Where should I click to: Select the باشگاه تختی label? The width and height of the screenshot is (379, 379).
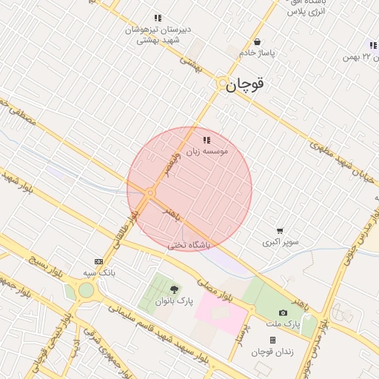coord(189,244)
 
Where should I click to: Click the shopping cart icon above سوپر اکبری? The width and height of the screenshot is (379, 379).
coord(279,231)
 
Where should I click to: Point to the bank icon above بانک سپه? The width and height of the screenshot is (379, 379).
coord(98,261)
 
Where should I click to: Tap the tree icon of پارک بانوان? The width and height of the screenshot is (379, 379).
coord(174,289)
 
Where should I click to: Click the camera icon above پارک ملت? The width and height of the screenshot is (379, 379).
coord(283,313)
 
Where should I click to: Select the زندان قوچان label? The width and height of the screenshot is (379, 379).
coord(272,352)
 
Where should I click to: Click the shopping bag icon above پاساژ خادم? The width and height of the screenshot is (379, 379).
coord(257,42)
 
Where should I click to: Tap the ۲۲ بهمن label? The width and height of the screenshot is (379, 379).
coord(361,57)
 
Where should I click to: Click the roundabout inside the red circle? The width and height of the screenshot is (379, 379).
coord(150,193)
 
